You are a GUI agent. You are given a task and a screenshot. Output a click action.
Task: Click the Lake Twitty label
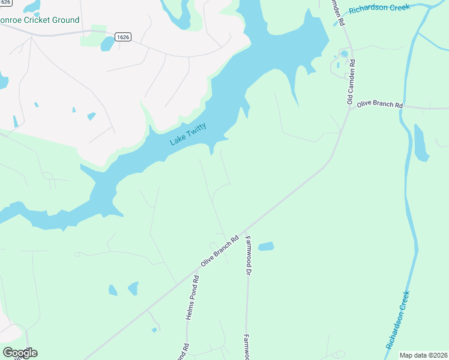[x=188, y=133]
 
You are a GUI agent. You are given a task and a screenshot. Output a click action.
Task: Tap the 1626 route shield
[x=123, y=37]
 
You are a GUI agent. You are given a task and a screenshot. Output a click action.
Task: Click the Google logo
[x=20, y=352]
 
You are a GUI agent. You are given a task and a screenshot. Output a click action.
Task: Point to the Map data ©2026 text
[x=423, y=355]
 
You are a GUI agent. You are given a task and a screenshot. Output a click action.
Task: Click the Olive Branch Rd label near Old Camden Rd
[x=379, y=104]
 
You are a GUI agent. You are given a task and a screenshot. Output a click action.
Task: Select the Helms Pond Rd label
[x=192, y=298]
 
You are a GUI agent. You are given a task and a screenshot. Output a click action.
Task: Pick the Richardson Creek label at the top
[x=379, y=8]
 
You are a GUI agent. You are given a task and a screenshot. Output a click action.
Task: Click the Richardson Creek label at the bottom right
[x=398, y=320]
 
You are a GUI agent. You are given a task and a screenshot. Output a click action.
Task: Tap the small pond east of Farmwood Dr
[x=265, y=246]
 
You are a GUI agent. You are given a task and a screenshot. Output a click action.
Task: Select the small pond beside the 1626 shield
[x=107, y=43]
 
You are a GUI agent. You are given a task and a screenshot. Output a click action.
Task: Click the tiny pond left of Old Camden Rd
[x=344, y=53]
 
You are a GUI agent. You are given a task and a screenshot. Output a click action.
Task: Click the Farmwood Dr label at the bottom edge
[x=246, y=347]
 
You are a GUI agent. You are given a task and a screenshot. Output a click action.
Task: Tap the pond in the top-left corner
[x=31, y=6]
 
